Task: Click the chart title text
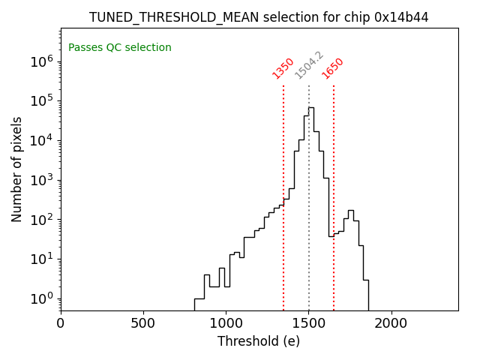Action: click(259, 17)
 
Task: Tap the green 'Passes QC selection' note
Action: click(120, 48)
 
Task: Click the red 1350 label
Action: click(283, 68)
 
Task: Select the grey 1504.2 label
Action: click(309, 65)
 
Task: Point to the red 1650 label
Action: click(333, 68)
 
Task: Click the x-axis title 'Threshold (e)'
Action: click(259, 341)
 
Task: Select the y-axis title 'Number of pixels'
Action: click(17, 169)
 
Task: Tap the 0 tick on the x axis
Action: click(61, 324)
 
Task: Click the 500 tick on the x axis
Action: click(143, 324)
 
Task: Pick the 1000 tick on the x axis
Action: click(226, 324)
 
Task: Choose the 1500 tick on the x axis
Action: click(308, 324)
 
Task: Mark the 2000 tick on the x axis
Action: click(391, 324)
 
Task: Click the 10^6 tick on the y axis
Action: click(41, 61)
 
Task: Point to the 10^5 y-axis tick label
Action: click(41, 101)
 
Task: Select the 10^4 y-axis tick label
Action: click(41, 141)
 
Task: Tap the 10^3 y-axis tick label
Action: click(41, 180)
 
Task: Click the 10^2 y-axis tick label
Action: click(41, 220)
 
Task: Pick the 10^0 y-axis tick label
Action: click(41, 298)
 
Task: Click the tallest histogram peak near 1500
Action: click(311, 108)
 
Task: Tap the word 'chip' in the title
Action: click(361, 17)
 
